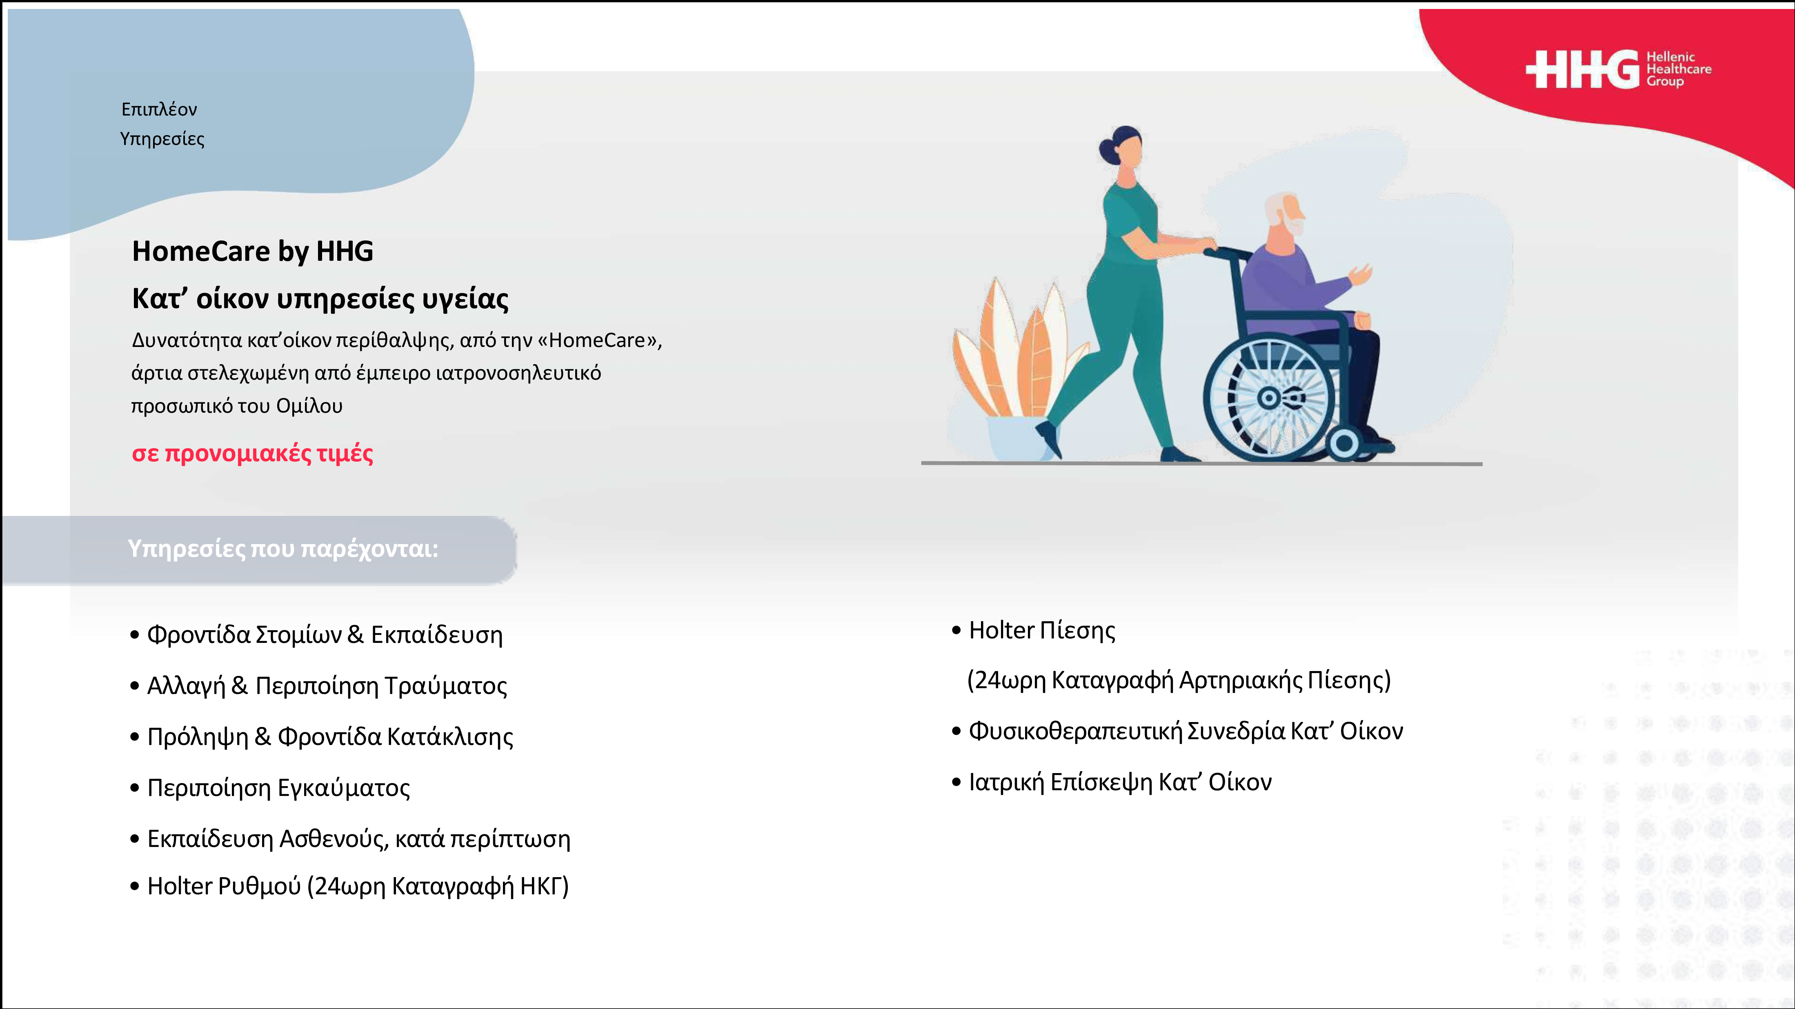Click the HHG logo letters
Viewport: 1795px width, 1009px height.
[x=1582, y=70]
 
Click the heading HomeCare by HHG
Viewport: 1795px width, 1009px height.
[x=252, y=251]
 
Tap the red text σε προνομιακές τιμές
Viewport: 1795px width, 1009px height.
[x=252, y=453]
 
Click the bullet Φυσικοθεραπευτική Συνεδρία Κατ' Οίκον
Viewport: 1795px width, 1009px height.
[x=1178, y=731]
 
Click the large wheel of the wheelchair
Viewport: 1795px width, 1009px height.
[x=1268, y=399]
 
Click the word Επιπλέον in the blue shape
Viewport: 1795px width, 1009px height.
[x=159, y=109]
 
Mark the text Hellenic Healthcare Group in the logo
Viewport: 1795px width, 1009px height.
[x=1679, y=69]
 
